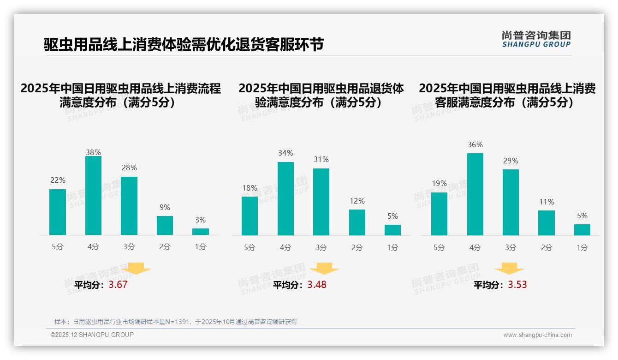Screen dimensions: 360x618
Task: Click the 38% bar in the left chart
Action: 93,196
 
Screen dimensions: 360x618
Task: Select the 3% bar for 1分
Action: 201,232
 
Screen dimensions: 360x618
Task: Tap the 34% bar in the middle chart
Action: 285,198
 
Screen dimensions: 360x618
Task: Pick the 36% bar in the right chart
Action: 475,194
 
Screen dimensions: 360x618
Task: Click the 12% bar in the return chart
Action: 357,222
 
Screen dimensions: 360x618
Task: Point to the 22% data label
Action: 58,180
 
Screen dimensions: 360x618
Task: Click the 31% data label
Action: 321,159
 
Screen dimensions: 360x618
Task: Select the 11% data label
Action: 547,202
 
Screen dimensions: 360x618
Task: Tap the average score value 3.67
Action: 118,285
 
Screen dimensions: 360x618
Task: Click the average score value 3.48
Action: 317,285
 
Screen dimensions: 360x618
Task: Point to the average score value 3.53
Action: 517,285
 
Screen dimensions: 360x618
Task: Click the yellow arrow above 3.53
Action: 509,269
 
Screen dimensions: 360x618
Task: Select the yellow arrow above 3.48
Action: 324,269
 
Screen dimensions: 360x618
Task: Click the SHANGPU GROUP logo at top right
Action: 536,39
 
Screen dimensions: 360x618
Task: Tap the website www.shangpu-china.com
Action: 537,335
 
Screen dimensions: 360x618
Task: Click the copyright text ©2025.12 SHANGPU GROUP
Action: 92,335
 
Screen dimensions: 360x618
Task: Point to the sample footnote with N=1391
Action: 176,322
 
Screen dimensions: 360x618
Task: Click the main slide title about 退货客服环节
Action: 184,44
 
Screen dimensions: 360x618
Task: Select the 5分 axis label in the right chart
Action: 439,247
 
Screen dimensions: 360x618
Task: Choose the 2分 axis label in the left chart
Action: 165,246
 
